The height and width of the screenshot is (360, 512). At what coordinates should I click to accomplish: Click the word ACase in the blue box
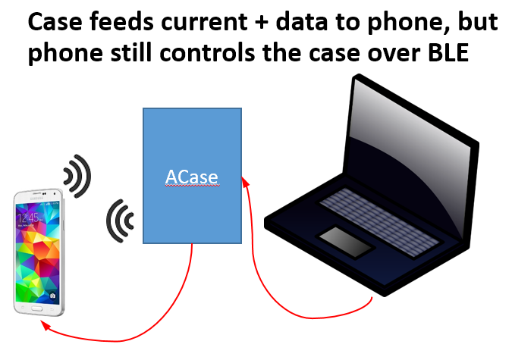click(x=192, y=177)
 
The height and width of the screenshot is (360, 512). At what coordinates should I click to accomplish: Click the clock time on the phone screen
click(x=29, y=218)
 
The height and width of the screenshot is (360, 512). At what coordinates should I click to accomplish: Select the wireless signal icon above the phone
click(x=77, y=177)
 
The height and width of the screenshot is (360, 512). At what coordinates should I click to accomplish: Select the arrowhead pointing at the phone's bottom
click(x=46, y=327)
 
